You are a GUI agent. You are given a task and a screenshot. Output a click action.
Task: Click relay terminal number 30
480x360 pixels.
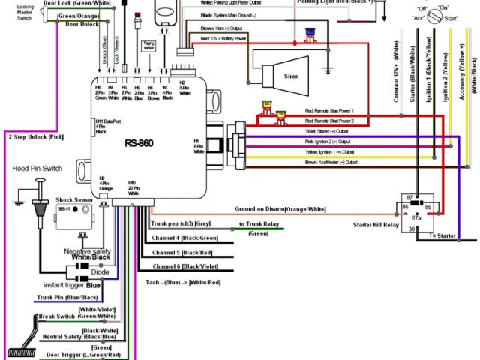[411, 230]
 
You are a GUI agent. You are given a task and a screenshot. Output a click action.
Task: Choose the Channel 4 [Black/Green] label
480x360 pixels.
[186, 238]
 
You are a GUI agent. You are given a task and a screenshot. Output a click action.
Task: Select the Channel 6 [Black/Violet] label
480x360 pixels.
[186, 266]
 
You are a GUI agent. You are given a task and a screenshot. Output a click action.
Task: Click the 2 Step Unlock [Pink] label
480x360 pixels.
[35, 137]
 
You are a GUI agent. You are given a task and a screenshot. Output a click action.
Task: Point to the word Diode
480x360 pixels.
[91, 272]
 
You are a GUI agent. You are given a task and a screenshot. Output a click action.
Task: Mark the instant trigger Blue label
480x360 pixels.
[73, 286]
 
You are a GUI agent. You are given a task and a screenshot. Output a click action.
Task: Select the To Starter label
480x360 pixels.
[443, 236]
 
